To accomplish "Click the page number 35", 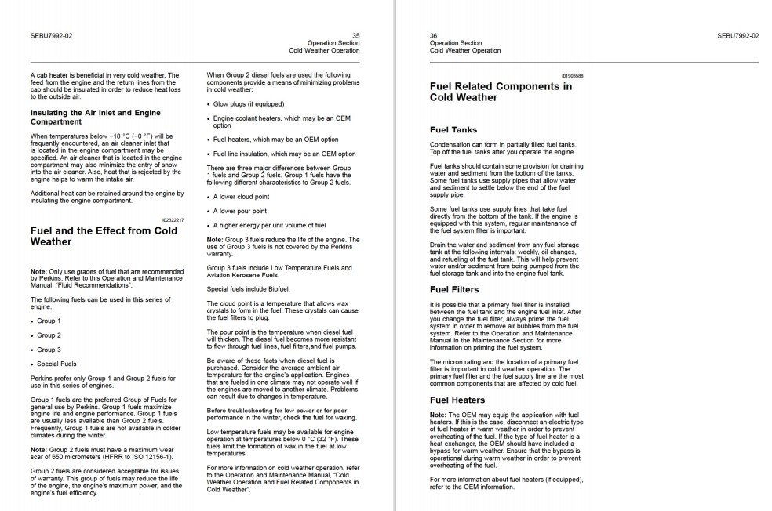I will tap(356, 35).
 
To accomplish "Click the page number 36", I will tap(434, 35).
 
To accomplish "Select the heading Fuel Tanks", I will tap(453, 130).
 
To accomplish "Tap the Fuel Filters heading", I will tap(454, 290).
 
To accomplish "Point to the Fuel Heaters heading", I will tap(457, 400).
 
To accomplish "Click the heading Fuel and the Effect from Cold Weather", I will tap(104, 237).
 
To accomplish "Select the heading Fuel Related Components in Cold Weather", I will tap(501, 92).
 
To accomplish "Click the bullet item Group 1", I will tap(49, 321).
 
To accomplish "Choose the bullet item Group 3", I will tap(49, 350).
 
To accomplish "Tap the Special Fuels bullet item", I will tap(57, 364).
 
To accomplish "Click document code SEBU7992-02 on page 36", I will tap(737, 35).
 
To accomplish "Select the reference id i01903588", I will tap(572, 75).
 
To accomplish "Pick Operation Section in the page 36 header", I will tap(456, 43).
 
